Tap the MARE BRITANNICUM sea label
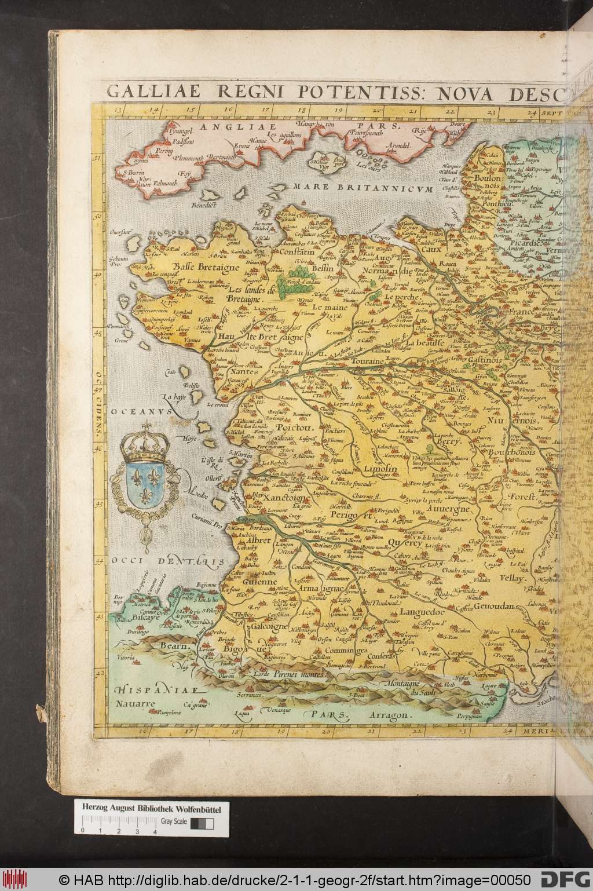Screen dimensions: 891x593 (x=363, y=187)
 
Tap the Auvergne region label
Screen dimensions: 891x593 (x=447, y=509)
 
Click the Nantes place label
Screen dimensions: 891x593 (x=246, y=372)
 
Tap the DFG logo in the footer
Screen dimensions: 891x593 (x=565, y=878)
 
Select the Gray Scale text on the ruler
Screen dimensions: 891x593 (x=174, y=821)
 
